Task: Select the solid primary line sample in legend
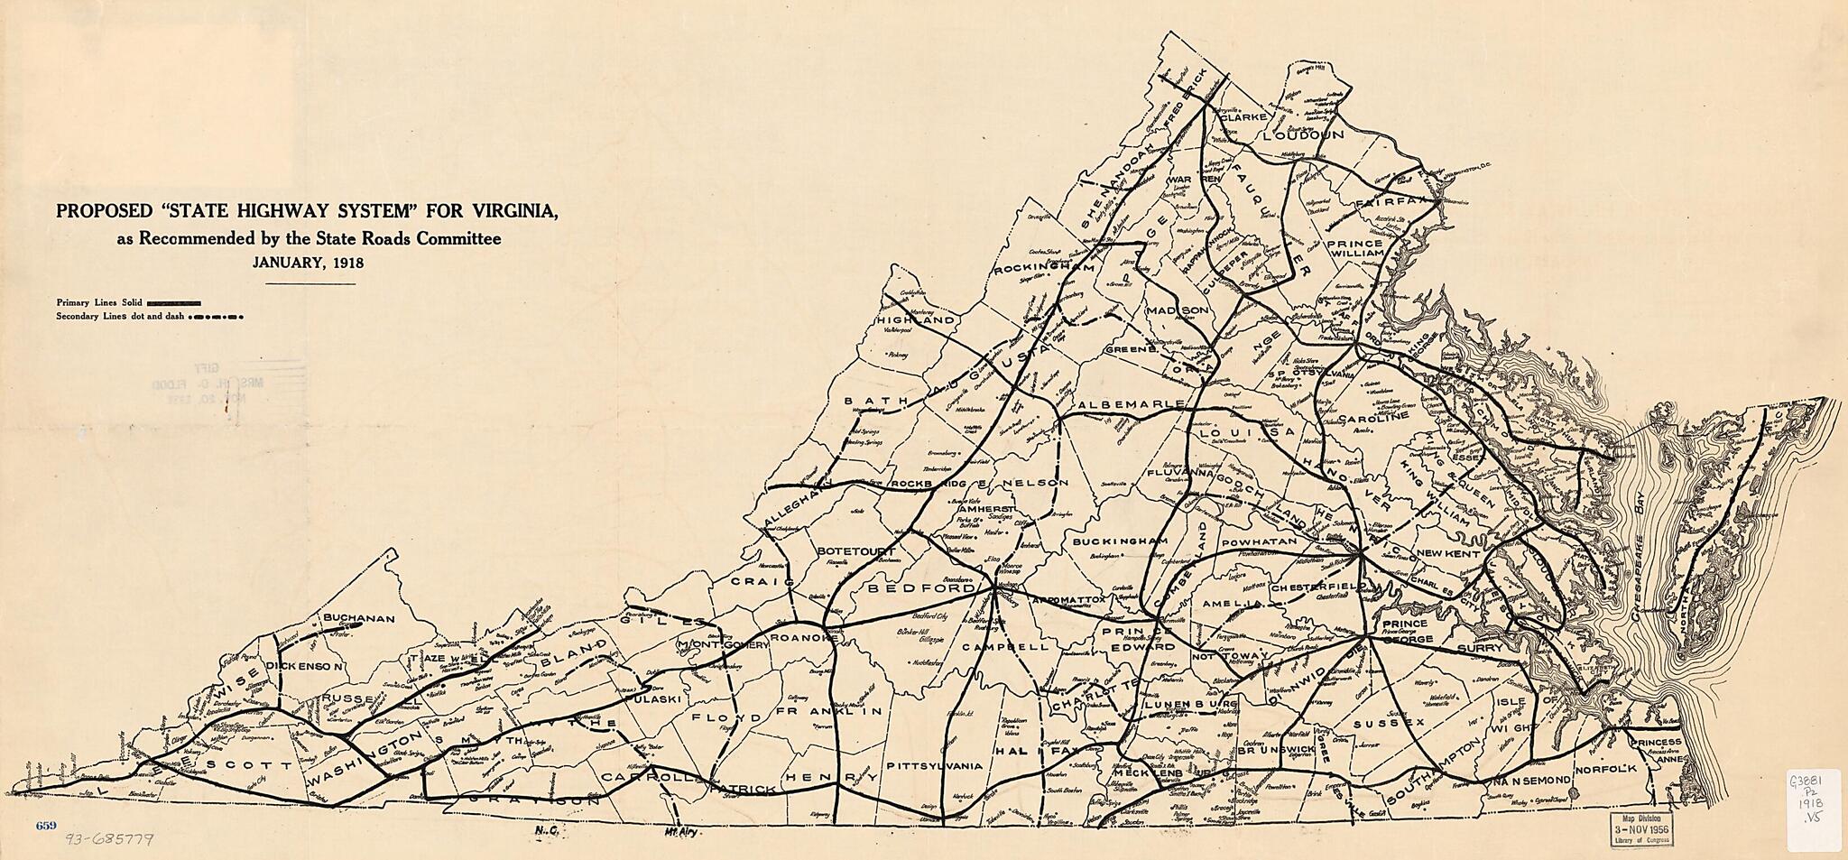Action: (x=173, y=302)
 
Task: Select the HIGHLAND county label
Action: (x=915, y=320)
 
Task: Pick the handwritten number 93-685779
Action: (x=109, y=839)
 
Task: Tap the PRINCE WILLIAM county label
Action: (x=1354, y=248)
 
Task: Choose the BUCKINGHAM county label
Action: (x=1120, y=541)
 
